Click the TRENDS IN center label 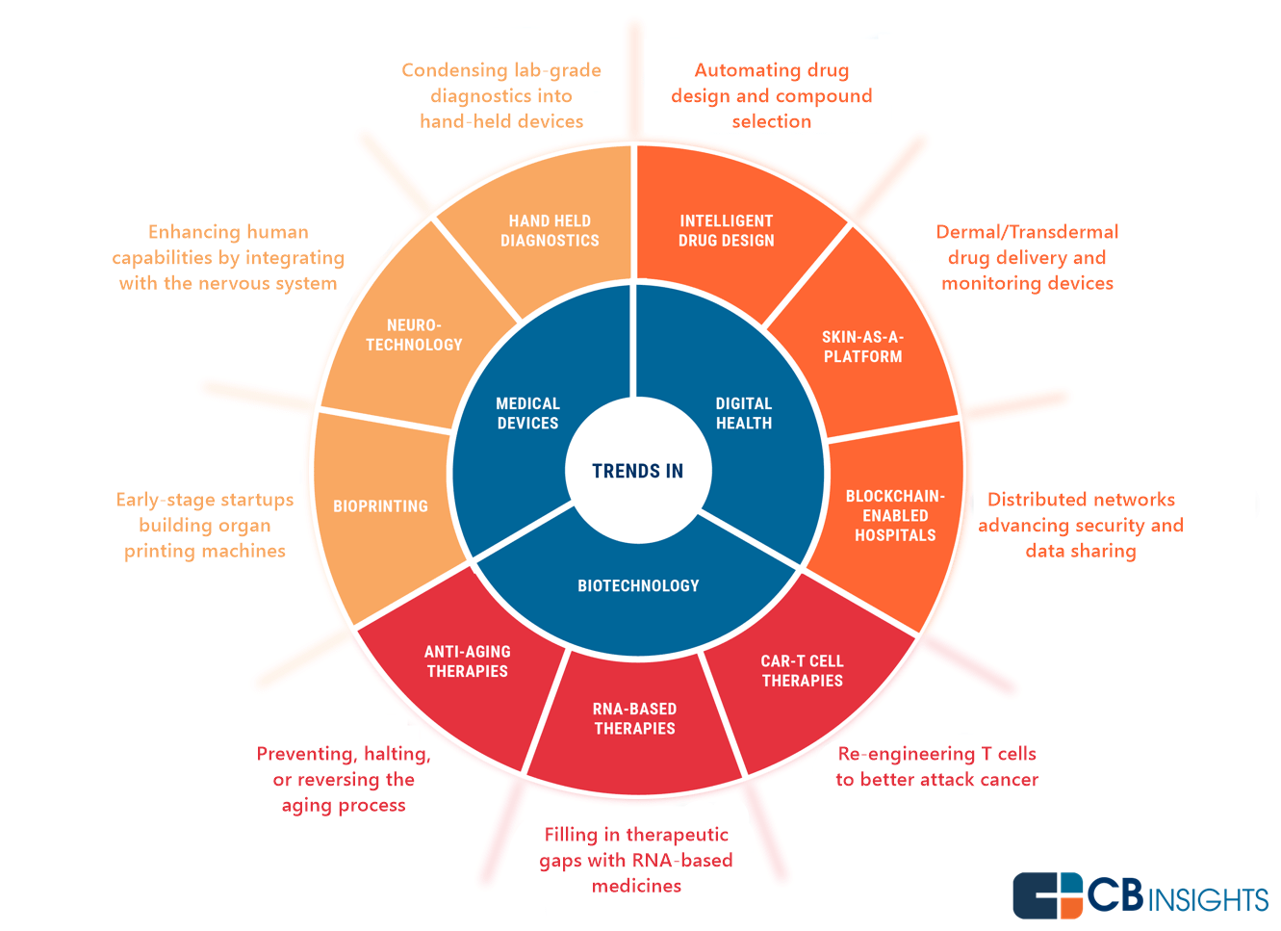(x=637, y=471)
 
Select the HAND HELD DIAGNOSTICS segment (x=550, y=231)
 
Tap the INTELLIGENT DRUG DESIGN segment (x=726, y=231)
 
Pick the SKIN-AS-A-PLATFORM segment (x=862, y=347)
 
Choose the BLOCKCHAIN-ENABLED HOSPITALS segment (x=895, y=516)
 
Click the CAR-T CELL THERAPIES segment (x=802, y=671)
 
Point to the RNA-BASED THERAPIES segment (x=634, y=719)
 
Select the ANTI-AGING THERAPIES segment (x=468, y=661)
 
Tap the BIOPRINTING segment (x=380, y=506)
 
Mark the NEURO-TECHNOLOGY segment (x=414, y=335)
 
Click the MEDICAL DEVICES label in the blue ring (x=527, y=413)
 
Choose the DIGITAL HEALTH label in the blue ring (x=744, y=413)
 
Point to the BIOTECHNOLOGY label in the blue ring (x=638, y=585)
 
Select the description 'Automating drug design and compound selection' (x=771, y=95)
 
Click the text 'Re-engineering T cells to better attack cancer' (x=936, y=766)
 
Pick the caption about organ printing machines (x=204, y=525)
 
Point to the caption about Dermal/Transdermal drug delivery (x=1027, y=257)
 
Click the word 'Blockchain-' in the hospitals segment (x=895, y=497)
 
